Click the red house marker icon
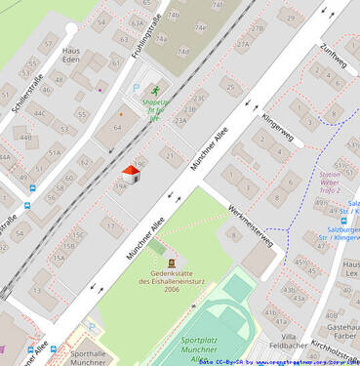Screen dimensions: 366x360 click(x=131, y=175)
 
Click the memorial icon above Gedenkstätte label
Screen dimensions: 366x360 click(x=172, y=263)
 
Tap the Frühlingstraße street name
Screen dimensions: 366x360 click(x=146, y=36)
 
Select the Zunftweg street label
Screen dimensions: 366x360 click(x=334, y=56)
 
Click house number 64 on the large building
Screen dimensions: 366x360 click(x=118, y=127)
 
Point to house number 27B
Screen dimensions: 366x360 click(x=257, y=29)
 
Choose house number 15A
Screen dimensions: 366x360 click(x=59, y=259)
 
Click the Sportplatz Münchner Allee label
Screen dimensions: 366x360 click(x=200, y=348)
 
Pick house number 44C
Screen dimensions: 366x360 click(x=39, y=113)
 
